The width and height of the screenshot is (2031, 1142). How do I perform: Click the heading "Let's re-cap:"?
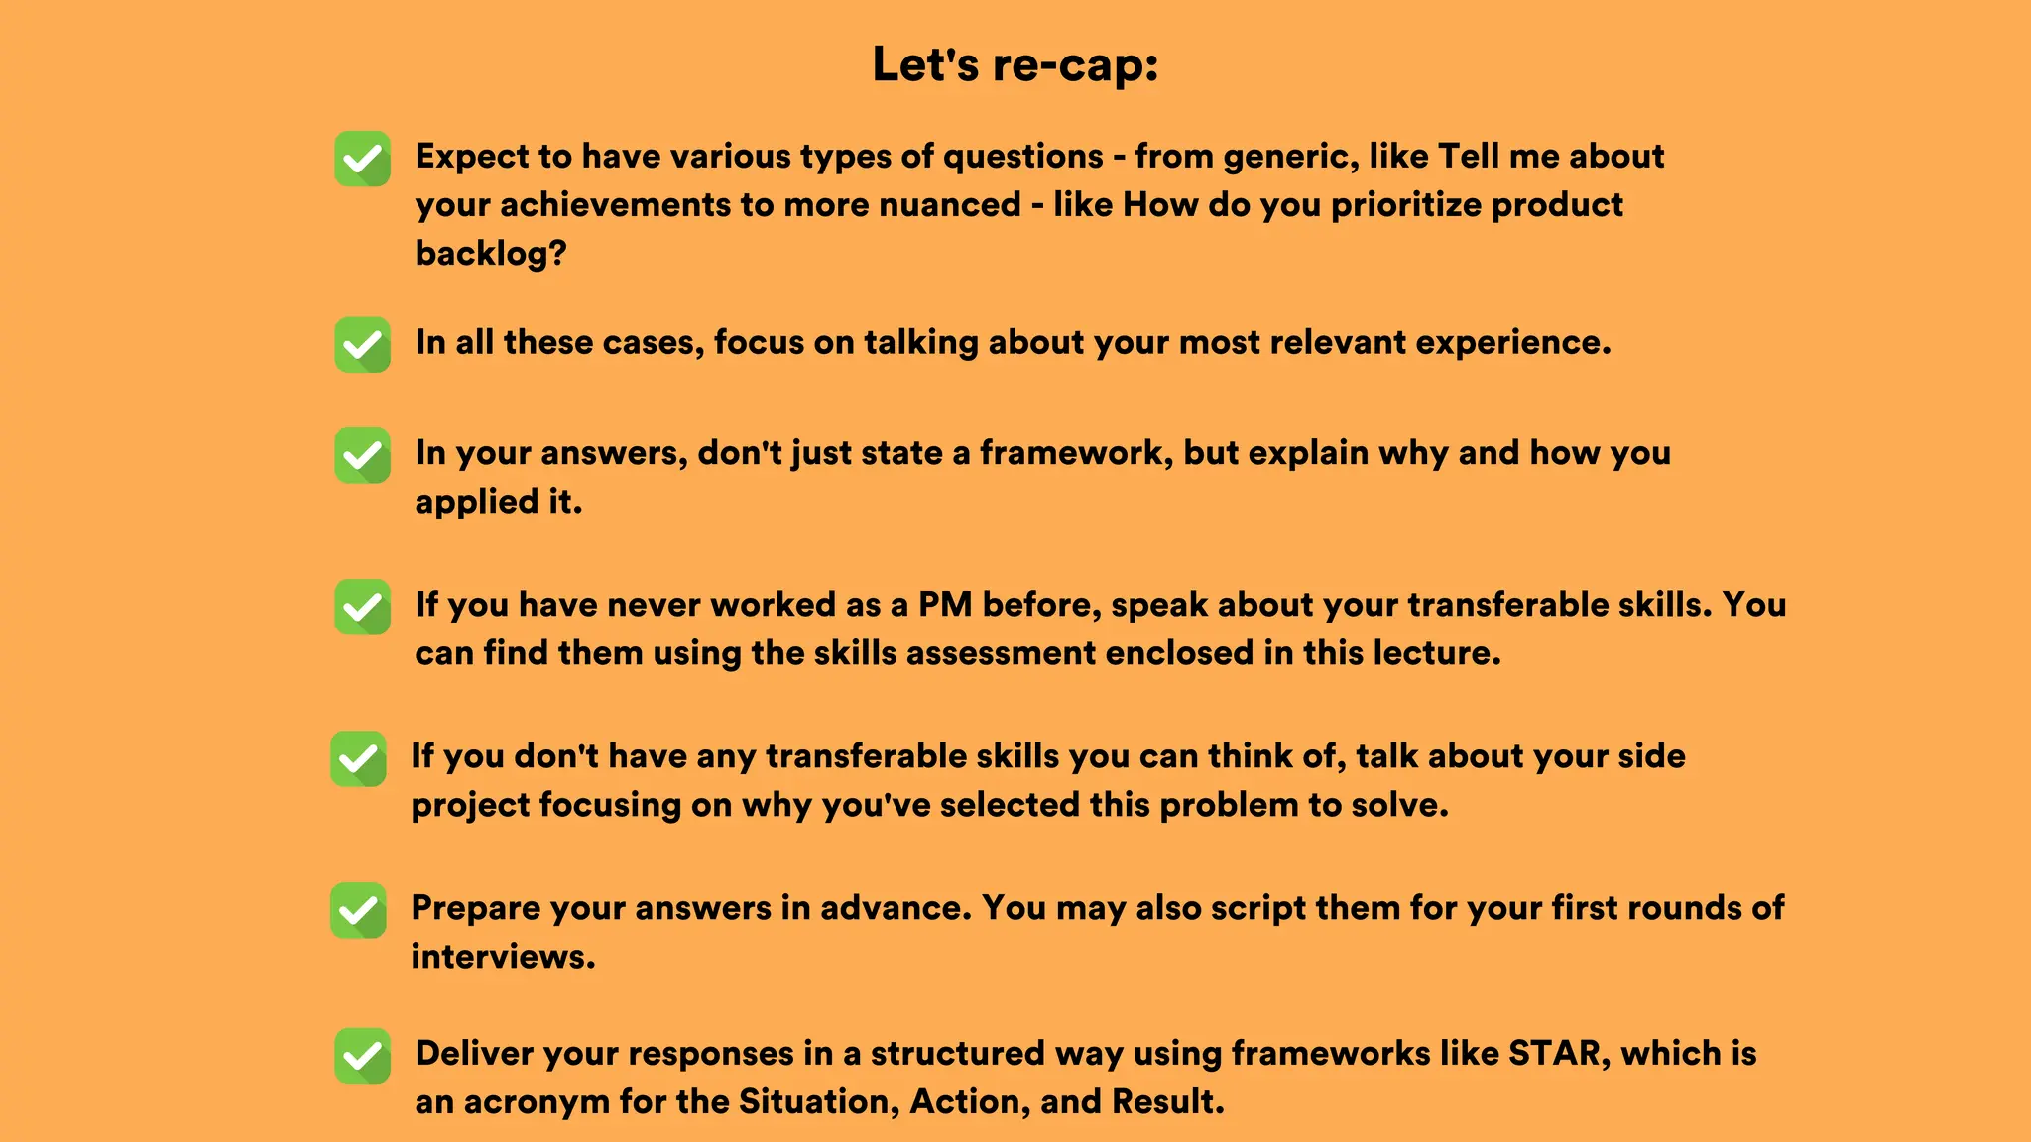coord(1015,65)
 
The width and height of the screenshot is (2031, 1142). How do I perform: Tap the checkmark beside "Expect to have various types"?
coord(362,159)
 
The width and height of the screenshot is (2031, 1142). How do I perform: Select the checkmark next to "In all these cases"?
coord(362,344)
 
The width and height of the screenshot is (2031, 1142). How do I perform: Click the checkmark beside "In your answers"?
coord(362,455)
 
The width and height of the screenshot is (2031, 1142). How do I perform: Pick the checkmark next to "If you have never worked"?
coord(362,607)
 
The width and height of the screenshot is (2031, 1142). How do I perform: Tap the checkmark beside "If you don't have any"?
coord(358,758)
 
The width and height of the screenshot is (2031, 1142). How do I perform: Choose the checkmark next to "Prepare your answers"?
coord(358,910)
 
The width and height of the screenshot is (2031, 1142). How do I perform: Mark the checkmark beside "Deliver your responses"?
coord(362,1056)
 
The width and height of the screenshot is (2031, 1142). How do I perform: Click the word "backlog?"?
coord(491,254)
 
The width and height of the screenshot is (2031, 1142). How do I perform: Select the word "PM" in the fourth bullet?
coord(945,605)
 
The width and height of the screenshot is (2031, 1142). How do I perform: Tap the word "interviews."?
coord(503,957)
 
